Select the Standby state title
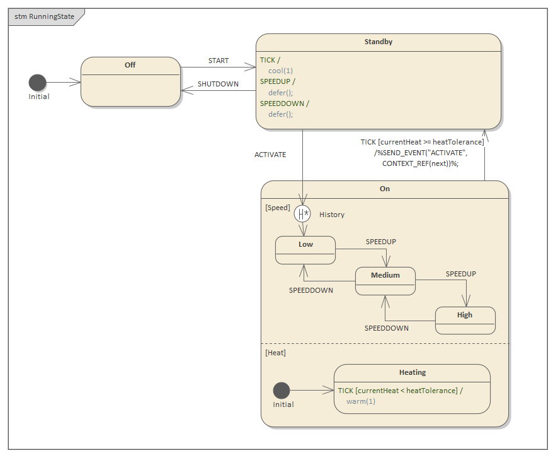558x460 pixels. pyautogui.click(x=378, y=42)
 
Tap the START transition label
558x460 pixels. pyautogui.click(x=219, y=61)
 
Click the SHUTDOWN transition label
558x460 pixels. pyautogui.click(x=218, y=84)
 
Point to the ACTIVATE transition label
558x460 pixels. pyautogui.click(x=270, y=155)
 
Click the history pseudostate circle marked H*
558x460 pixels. pyautogui.click(x=303, y=214)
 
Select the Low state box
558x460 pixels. pyautogui.click(x=305, y=250)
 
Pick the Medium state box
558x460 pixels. pyautogui.click(x=385, y=281)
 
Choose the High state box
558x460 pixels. pyautogui.click(x=465, y=321)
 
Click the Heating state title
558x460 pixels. pyautogui.click(x=413, y=372)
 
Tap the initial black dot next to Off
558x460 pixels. pyautogui.click(x=38, y=83)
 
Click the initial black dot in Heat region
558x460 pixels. pyautogui.click(x=282, y=391)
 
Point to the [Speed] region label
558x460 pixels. pyautogui.click(x=278, y=208)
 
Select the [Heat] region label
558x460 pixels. pyautogui.click(x=276, y=353)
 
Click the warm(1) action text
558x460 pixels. pyautogui.click(x=361, y=401)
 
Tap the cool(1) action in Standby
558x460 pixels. pyautogui.click(x=281, y=71)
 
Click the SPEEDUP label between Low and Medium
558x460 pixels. pyautogui.click(x=381, y=242)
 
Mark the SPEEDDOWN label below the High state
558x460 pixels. pyautogui.click(x=387, y=328)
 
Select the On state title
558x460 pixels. pyautogui.click(x=385, y=189)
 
